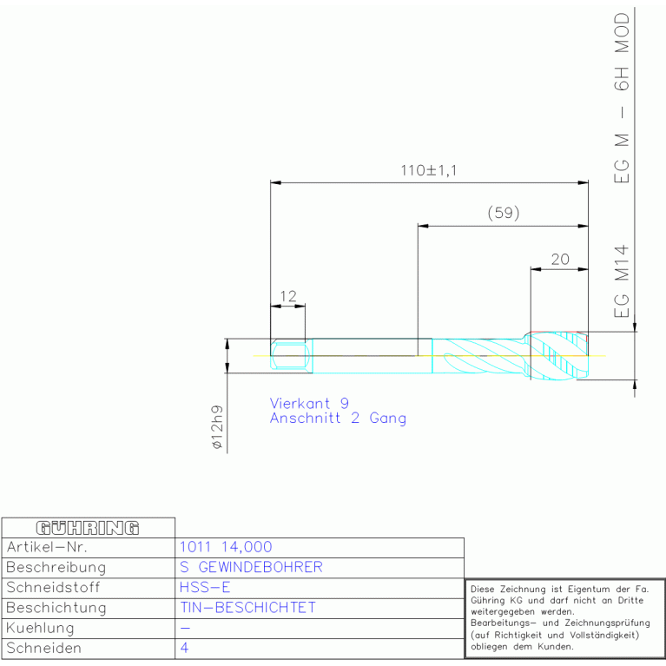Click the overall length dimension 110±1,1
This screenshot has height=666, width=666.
[429, 170]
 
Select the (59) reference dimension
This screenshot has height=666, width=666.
[504, 213]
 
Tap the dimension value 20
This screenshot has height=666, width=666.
[560, 259]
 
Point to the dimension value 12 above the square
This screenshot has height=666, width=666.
[288, 296]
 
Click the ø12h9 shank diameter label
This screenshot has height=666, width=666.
[216, 427]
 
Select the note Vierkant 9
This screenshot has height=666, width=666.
[309, 403]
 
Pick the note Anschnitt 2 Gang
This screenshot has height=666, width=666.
[338, 418]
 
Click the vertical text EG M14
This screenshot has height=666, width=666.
[622, 281]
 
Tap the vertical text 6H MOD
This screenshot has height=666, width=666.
[622, 51]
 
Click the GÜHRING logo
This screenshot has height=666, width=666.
[88, 528]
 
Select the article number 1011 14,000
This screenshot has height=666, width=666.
[226, 547]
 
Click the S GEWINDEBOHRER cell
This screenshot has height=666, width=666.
[251, 568]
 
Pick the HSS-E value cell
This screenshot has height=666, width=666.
[205, 588]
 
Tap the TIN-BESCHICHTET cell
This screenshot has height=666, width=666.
[247, 608]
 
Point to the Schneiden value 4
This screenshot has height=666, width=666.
[184, 648]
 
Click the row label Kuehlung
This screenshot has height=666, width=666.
[40, 628]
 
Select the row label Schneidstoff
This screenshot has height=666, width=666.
[53, 588]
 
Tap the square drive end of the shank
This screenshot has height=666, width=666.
[288, 356]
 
